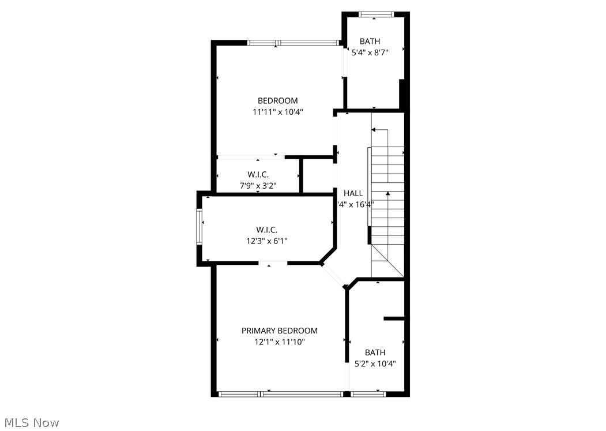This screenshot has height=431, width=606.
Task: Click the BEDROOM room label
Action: click(277, 101)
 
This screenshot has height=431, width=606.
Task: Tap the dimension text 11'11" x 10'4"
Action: click(277, 112)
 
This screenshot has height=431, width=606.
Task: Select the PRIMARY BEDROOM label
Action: click(279, 331)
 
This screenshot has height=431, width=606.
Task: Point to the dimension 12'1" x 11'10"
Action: click(279, 342)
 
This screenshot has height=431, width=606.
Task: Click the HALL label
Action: click(353, 193)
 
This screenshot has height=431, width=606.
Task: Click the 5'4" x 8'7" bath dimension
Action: click(370, 52)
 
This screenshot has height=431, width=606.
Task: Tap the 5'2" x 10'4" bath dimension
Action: click(375, 363)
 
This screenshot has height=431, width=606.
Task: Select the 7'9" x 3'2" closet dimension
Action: click(258, 185)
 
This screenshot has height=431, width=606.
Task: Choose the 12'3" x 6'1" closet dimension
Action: click(266, 240)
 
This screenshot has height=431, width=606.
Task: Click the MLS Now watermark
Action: click(30, 423)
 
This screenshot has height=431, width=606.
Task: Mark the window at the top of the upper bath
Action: click(375, 14)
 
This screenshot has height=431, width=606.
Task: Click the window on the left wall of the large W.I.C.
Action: click(200, 227)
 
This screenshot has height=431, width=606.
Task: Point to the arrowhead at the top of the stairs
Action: click(375, 130)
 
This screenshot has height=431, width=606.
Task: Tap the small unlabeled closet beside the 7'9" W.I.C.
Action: click(318, 175)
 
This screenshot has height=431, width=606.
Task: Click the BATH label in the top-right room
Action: click(370, 41)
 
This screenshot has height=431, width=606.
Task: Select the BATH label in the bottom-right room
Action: click(375, 352)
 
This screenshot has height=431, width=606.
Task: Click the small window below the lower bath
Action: click(368, 394)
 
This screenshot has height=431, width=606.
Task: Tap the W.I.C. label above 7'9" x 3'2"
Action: click(258, 174)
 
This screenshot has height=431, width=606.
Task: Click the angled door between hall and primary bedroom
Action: click(333, 275)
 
